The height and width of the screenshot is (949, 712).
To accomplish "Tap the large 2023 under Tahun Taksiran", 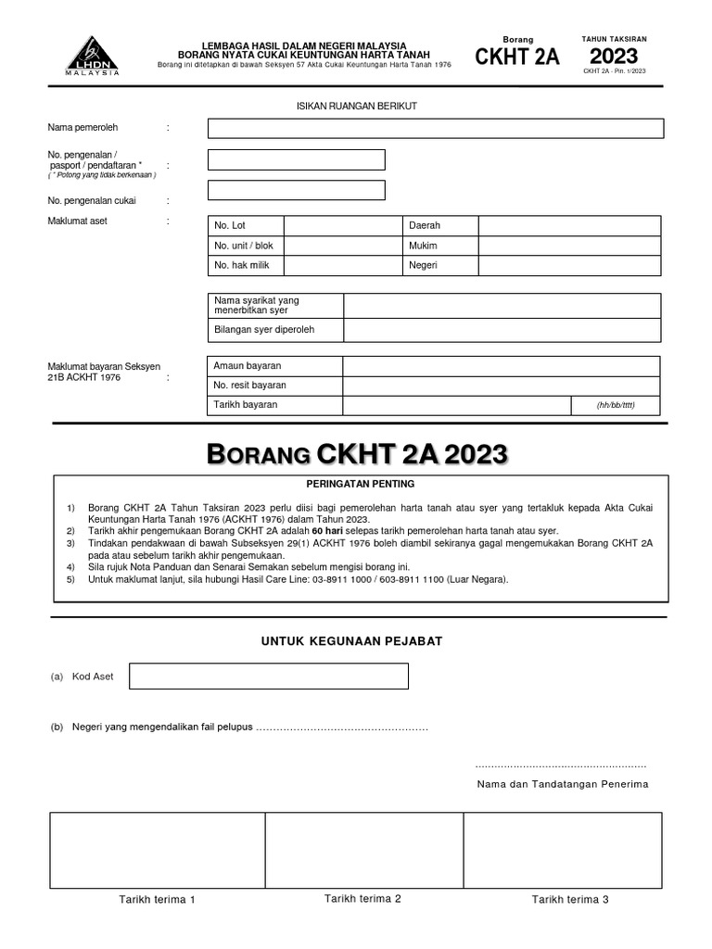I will coord(614,56).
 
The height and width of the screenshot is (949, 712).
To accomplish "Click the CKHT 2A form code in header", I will coord(517,57).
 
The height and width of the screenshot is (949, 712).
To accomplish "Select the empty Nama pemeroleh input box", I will coord(435,128).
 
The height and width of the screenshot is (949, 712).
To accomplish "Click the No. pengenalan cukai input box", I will coord(296,190).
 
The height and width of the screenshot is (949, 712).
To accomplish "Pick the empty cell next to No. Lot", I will coord(342,226).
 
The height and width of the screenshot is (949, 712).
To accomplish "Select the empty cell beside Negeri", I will coord(568,266).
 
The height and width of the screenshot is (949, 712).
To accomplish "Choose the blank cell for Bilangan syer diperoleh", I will coord(502,330).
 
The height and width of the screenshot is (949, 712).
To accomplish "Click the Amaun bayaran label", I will coord(248,366).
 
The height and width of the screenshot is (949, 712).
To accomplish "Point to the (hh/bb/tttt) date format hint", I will coord(615,406).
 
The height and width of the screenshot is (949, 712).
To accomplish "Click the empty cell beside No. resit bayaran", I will coord(502,386).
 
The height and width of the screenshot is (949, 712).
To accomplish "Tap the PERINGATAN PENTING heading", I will coord(360,484).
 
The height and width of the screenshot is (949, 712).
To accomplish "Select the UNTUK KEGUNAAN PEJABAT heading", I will coord(357,641).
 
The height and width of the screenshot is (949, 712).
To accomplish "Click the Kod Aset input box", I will coord(268,677).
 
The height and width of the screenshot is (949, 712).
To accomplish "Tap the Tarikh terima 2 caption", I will coord(362,898).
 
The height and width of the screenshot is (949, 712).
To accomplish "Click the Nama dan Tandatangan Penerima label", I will coord(562,784).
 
